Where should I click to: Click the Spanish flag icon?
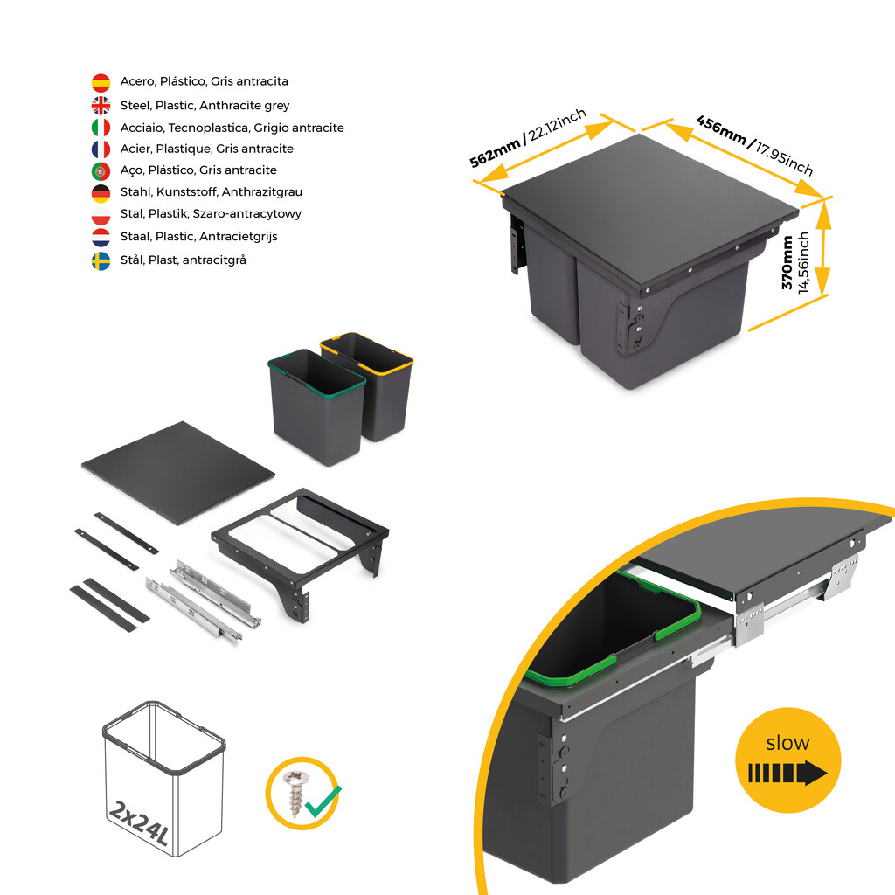(101, 82)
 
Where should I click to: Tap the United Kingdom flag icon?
(101, 105)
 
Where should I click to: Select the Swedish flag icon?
(101, 260)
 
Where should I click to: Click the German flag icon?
(101, 192)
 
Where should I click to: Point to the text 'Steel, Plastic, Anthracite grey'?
(205, 105)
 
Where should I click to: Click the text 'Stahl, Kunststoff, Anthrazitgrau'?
(211, 191)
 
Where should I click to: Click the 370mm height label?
(788, 263)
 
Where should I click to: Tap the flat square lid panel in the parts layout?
(178, 472)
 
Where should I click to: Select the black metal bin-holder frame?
(302, 542)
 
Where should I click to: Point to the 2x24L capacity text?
(140, 822)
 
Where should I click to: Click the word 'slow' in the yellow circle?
(787, 743)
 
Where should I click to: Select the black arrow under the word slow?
(787, 774)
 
